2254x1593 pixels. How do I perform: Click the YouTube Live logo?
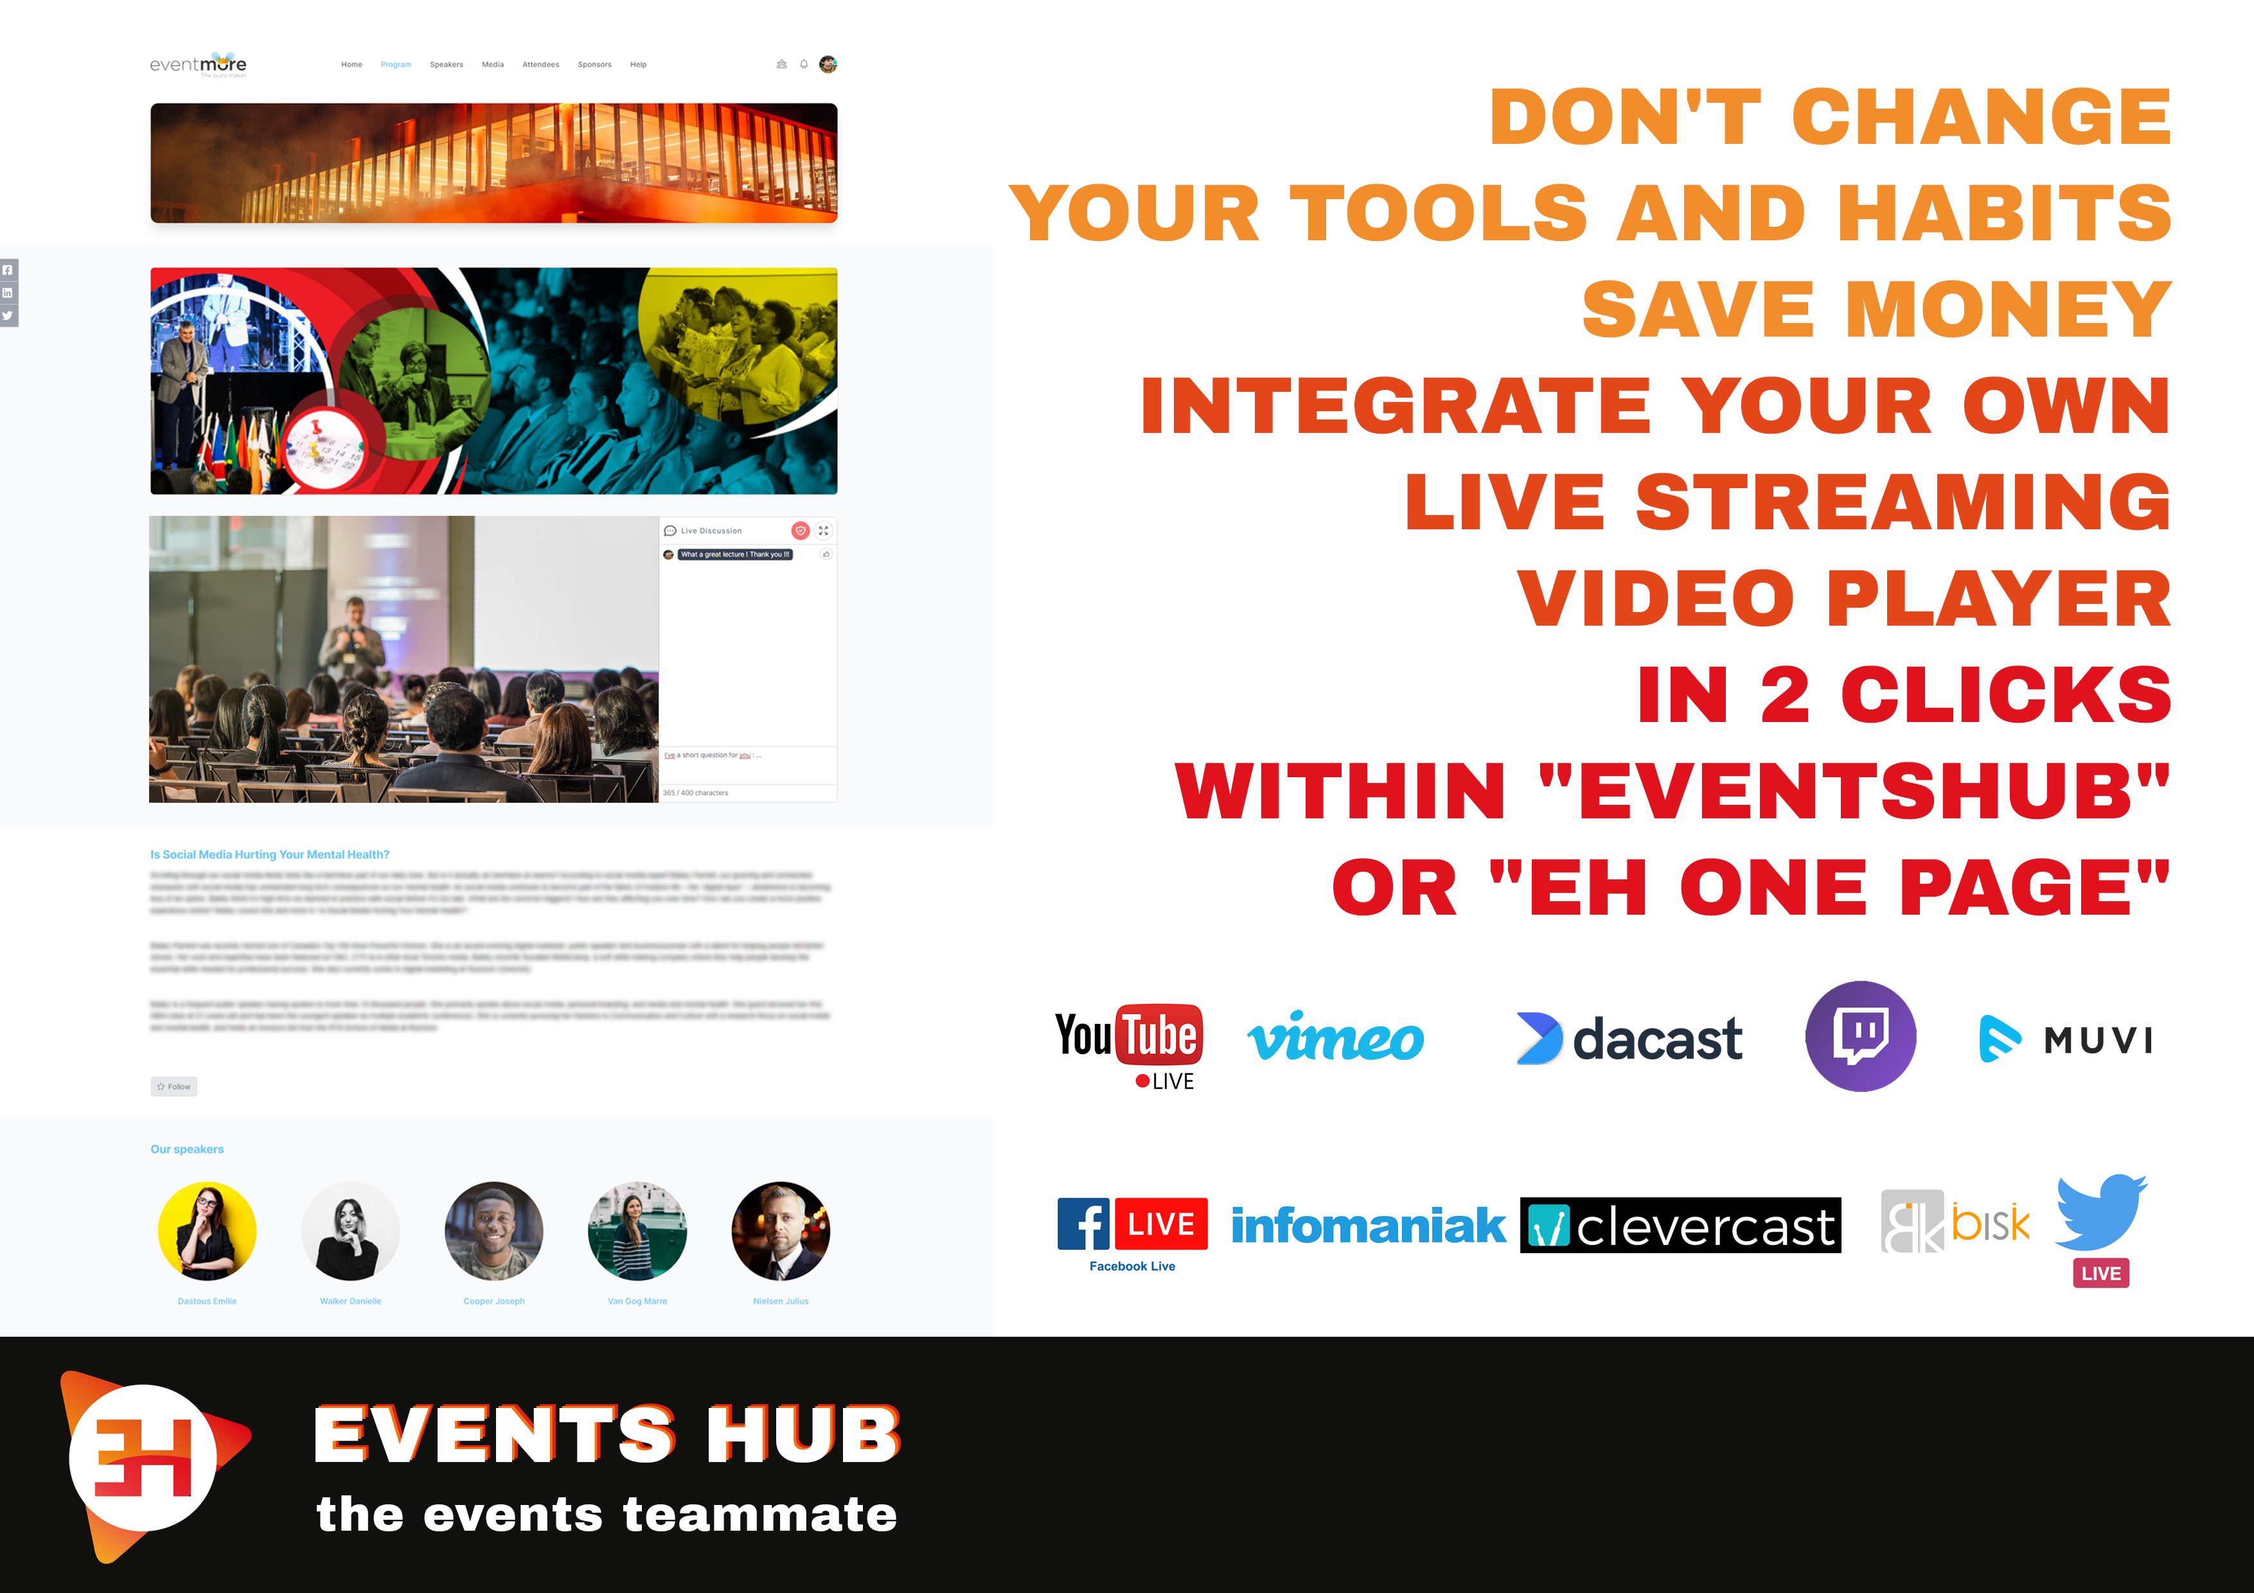click(x=1129, y=1044)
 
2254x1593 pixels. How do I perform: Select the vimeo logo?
click(x=1335, y=1039)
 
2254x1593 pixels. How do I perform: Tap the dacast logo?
click(x=1629, y=1039)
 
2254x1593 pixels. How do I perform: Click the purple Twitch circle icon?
click(x=1860, y=1035)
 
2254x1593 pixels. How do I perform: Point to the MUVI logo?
click(x=2066, y=1039)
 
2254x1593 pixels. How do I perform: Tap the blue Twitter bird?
click(x=2101, y=1212)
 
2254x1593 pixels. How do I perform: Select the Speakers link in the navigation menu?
click(x=446, y=65)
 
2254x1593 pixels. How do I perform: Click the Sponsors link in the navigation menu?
click(x=594, y=65)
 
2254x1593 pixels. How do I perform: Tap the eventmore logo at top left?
click(x=199, y=65)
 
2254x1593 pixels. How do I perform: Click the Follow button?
click(x=173, y=1087)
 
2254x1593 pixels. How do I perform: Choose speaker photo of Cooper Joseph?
click(x=494, y=1231)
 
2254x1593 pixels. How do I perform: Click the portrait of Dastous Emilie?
click(x=207, y=1231)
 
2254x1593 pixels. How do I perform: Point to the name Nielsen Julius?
click(x=781, y=1301)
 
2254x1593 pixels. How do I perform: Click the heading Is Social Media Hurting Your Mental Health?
click(x=270, y=855)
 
